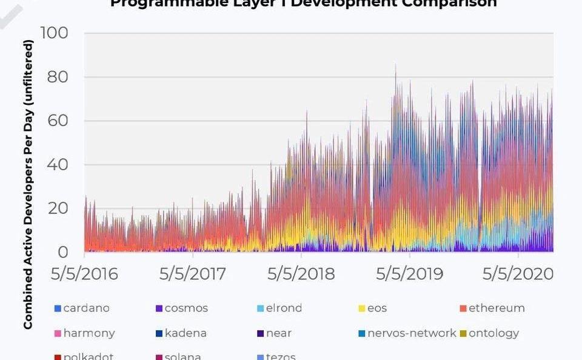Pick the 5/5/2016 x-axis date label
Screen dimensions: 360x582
click(x=84, y=274)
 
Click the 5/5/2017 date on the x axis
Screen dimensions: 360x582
click(x=192, y=274)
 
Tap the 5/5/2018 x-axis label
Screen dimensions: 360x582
click(x=301, y=274)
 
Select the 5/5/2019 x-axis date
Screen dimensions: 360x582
click(x=409, y=274)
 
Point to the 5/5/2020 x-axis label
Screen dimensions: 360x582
click(x=518, y=274)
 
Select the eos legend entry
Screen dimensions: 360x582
click(x=376, y=308)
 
